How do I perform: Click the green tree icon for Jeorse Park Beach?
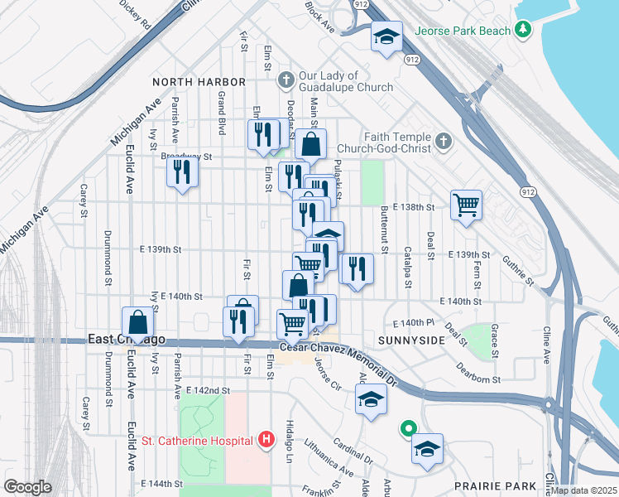point(522,30)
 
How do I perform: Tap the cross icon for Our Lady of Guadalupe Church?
point(286,80)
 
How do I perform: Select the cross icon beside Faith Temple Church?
point(444,142)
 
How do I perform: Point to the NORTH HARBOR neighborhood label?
point(199,82)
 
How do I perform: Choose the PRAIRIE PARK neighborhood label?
point(489,485)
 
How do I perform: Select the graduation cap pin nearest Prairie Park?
point(427,449)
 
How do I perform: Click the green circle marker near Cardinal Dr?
point(407,429)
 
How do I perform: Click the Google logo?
point(28,487)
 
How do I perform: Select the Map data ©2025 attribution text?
point(583,490)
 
